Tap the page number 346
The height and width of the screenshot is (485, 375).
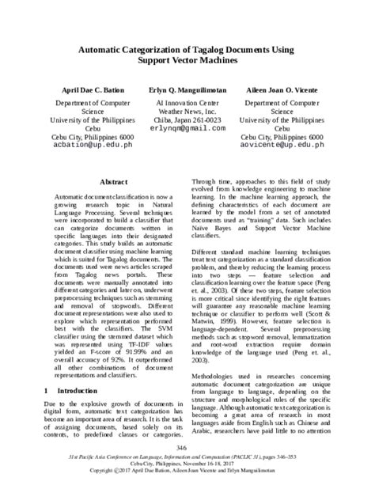pyautogui.click(x=187, y=447)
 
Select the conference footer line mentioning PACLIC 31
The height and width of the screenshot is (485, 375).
pyautogui.click(x=187, y=458)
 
